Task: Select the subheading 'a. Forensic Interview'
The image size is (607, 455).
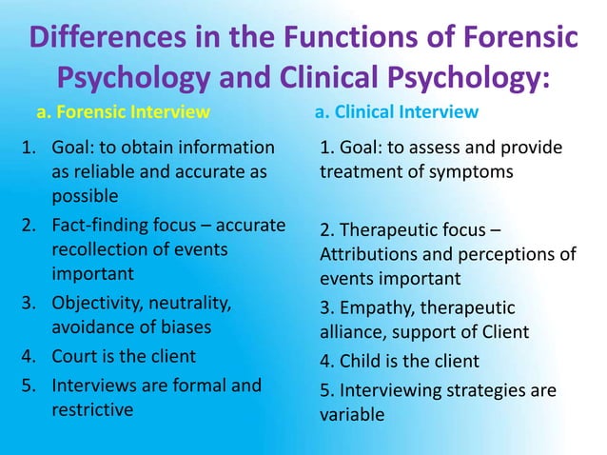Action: point(123,112)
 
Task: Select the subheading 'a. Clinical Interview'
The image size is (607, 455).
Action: point(396,112)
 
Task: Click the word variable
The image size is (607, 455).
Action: point(352,415)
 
